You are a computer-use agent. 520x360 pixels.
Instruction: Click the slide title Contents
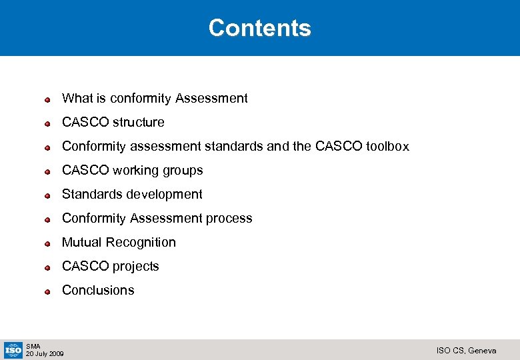[x=259, y=28]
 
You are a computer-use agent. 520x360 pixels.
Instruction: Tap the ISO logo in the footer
[x=13, y=349]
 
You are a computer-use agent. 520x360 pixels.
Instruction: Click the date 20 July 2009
[x=45, y=353]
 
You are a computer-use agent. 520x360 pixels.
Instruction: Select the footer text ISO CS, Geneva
[x=466, y=350]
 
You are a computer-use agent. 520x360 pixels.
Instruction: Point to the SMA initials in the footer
[x=33, y=346]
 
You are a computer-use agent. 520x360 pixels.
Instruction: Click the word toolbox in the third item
[x=387, y=146]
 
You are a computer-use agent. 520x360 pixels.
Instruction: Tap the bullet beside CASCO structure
[x=48, y=123]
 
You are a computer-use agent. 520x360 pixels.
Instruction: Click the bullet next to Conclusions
[x=48, y=291]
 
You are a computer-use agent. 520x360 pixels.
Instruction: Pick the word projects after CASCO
[x=136, y=267]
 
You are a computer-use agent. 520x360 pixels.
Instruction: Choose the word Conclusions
[x=98, y=290]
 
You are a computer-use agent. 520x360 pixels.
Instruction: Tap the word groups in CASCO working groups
[x=185, y=171]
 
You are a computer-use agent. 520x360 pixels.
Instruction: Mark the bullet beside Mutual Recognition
[x=48, y=243]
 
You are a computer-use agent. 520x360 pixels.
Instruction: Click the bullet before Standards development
[x=48, y=195]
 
